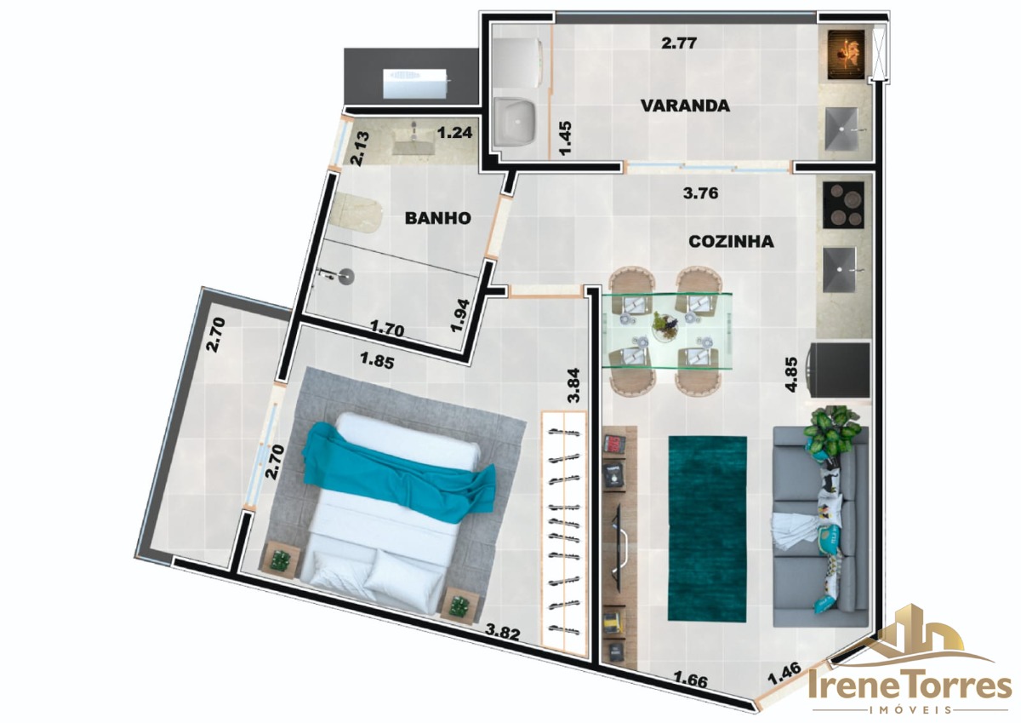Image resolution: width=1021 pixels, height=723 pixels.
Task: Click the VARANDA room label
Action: pos(685,106)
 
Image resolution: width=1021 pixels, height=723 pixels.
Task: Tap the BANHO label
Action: pos(437,218)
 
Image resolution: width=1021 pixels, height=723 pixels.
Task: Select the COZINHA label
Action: pos(731,241)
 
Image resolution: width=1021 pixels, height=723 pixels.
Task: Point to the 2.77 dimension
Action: pos(679,43)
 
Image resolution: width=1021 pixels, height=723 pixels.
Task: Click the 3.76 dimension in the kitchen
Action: pos(700,193)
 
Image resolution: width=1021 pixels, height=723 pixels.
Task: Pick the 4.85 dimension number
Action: pos(791,374)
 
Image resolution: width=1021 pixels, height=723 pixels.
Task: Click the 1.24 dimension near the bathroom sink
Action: pos(454,133)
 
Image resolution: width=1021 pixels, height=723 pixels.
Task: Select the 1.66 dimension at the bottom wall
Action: pos(690,680)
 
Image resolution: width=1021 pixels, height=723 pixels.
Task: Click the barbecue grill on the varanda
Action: pos(846,53)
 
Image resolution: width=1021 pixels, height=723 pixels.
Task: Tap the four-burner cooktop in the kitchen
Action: pos(844,205)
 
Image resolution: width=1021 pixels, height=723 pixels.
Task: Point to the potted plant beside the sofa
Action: pos(832,433)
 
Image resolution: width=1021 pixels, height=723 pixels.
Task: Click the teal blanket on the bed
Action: pos(398,472)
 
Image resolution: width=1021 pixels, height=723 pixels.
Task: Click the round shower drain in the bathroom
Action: pos(347,273)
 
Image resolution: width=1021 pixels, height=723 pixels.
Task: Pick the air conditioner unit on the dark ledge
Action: pos(416,83)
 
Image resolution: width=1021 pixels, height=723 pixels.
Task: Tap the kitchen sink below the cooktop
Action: pos(840,270)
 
